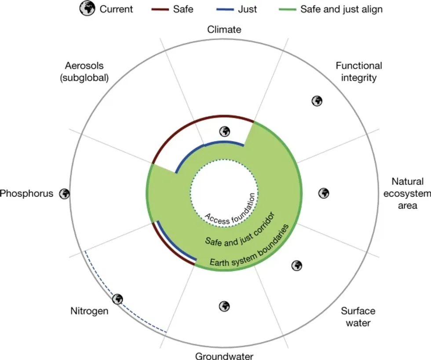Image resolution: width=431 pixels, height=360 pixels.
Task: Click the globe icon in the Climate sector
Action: [225, 131]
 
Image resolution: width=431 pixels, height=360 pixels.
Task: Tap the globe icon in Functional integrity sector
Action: [317, 101]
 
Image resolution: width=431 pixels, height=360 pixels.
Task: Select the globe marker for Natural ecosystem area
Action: [324, 193]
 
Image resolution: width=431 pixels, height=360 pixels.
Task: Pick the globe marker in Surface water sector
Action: [297, 265]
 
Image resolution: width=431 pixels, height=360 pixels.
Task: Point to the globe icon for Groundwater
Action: [224, 305]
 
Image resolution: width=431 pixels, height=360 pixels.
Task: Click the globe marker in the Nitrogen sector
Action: [117, 299]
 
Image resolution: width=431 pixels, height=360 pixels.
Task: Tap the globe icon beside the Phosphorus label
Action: [64, 193]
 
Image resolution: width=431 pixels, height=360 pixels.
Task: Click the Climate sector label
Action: [224, 30]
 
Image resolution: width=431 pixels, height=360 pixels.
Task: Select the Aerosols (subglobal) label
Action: [84, 72]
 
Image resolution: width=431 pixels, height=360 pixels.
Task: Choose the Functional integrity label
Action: [359, 72]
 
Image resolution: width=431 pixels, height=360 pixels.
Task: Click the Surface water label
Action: [358, 317]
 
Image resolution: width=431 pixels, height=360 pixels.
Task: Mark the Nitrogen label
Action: [89, 311]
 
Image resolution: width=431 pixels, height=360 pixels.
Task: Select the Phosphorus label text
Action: [26, 194]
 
